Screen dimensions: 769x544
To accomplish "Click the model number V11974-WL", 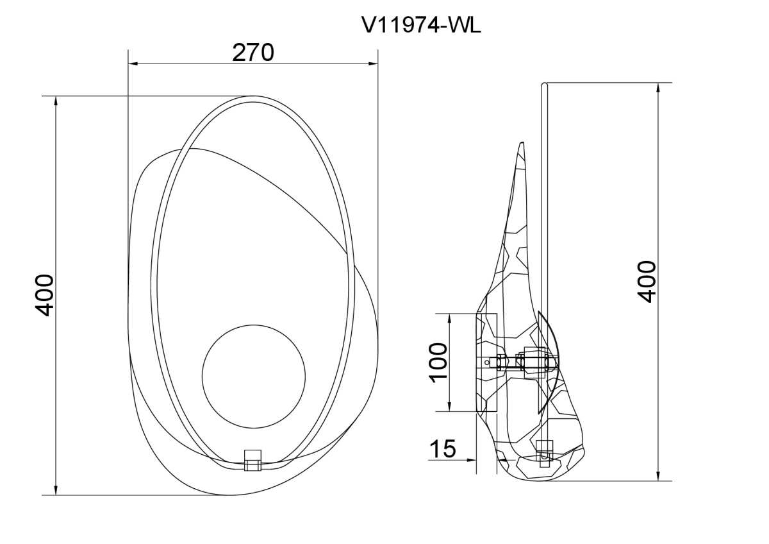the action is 421,25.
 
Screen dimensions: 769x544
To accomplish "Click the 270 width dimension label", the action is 253,53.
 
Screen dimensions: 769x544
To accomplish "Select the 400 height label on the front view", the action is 45,295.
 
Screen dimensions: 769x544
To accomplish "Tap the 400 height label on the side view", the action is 646,282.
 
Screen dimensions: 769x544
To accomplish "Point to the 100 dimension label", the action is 438,362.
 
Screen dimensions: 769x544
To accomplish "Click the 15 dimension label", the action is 443,448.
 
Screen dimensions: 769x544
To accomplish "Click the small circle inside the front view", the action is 253,377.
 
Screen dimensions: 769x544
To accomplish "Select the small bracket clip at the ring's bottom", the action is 252,460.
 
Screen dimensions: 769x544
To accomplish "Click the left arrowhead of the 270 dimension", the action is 133,64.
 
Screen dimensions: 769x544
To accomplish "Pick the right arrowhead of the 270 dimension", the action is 373,64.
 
